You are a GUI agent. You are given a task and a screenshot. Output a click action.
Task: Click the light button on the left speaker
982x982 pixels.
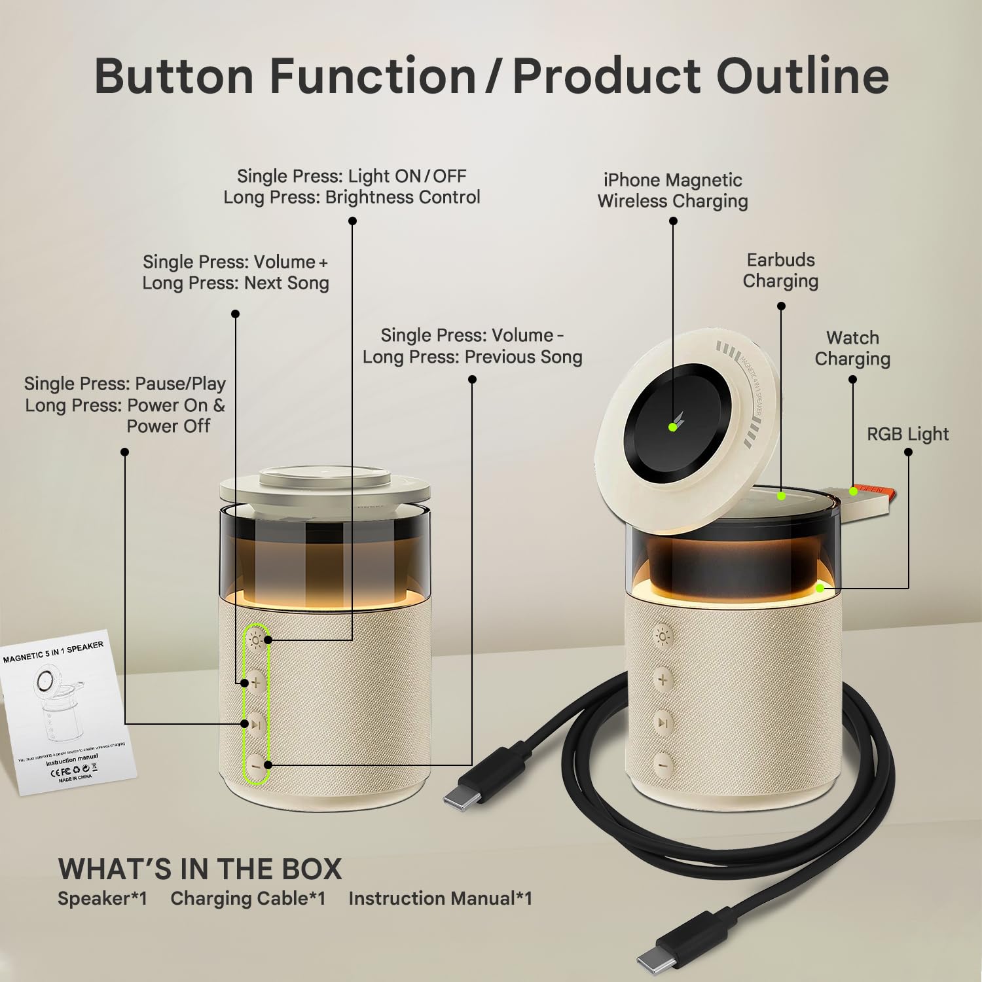pyautogui.click(x=256, y=640)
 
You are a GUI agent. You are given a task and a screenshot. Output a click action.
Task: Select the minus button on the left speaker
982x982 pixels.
pyautogui.click(x=257, y=765)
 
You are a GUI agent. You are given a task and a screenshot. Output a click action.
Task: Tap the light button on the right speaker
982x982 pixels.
pyautogui.click(x=663, y=636)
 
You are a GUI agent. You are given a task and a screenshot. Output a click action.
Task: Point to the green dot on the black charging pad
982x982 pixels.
pyautogui.click(x=672, y=427)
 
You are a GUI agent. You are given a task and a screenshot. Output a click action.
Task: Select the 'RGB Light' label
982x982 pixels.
pyautogui.click(x=907, y=434)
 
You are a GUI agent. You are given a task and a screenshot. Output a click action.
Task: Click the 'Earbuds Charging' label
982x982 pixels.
pyautogui.click(x=780, y=270)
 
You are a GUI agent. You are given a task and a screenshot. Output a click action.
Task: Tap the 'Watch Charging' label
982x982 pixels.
pyautogui.click(x=852, y=348)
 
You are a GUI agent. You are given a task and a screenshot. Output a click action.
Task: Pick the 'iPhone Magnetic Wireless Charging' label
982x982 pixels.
pyautogui.click(x=672, y=191)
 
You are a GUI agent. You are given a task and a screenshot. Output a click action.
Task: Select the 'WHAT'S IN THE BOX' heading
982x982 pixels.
pyautogui.click(x=200, y=869)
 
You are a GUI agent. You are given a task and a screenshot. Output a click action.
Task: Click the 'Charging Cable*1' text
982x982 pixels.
pyautogui.click(x=248, y=899)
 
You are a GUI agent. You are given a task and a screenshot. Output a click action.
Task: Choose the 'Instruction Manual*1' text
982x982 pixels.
pyautogui.click(x=440, y=899)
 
